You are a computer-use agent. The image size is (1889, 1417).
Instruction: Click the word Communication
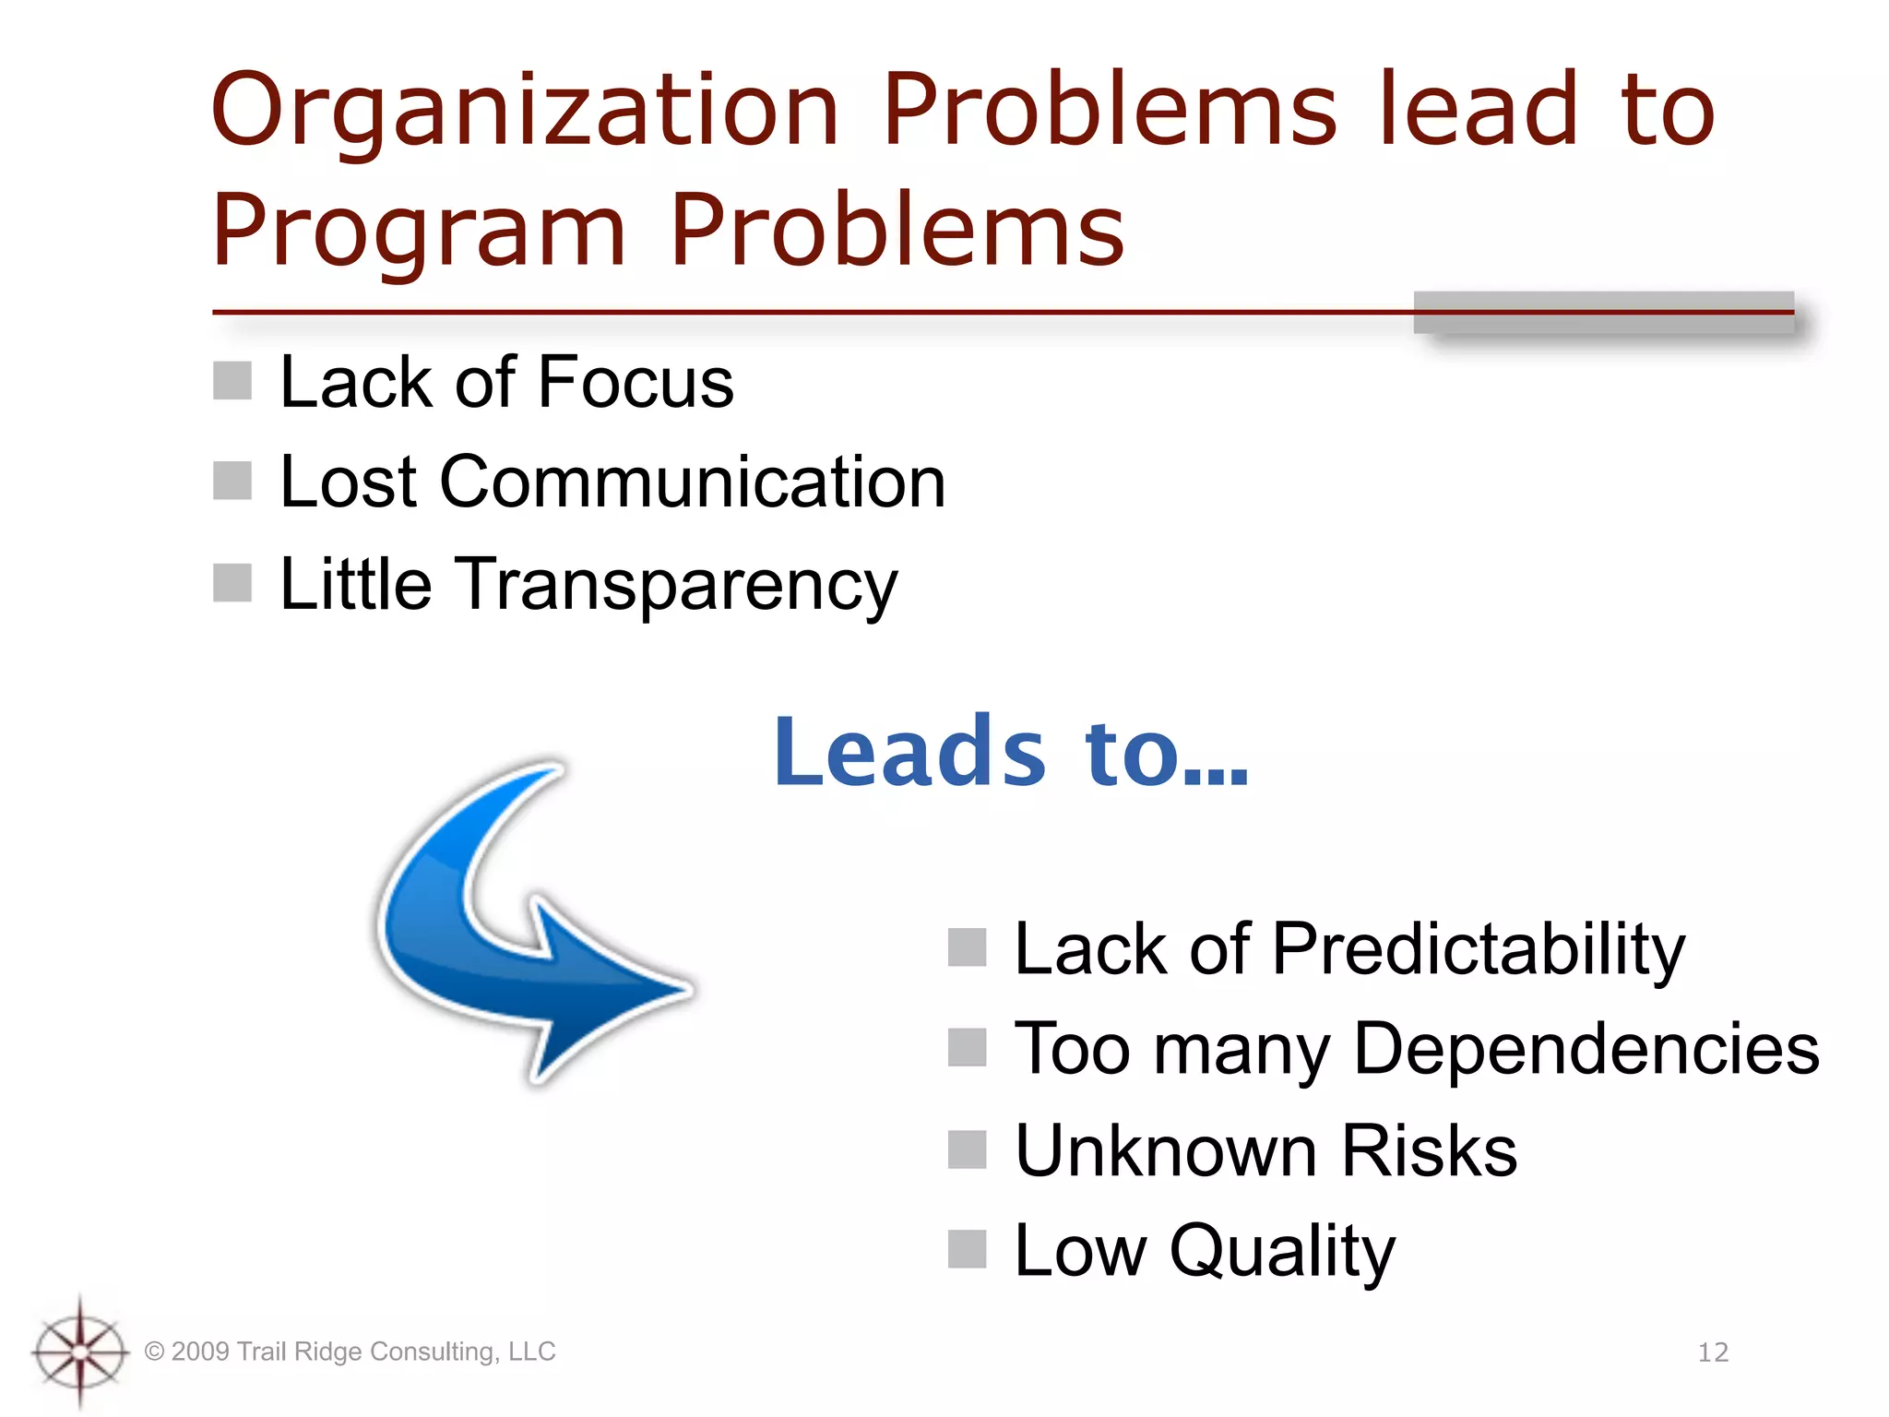(x=692, y=482)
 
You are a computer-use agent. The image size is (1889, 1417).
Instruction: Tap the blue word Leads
(x=909, y=754)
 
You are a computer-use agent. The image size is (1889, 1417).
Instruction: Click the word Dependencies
(x=1586, y=1050)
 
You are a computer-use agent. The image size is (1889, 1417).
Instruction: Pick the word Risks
(x=1429, y=1151)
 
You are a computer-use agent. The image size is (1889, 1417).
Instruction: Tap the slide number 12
(x=1713, y=1352)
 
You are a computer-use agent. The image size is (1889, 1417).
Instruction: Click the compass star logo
(x=80, y=1352)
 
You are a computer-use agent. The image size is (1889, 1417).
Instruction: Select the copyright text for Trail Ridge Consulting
(x=350, y=1352)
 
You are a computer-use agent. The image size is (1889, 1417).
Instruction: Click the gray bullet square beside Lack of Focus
(x=232, y=381)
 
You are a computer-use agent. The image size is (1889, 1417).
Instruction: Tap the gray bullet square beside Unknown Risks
(x=968, y=1149)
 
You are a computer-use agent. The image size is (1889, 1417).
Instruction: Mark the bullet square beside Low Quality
(x=968, y=1250)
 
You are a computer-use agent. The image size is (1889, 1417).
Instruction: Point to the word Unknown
(x=1166, y=1151)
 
